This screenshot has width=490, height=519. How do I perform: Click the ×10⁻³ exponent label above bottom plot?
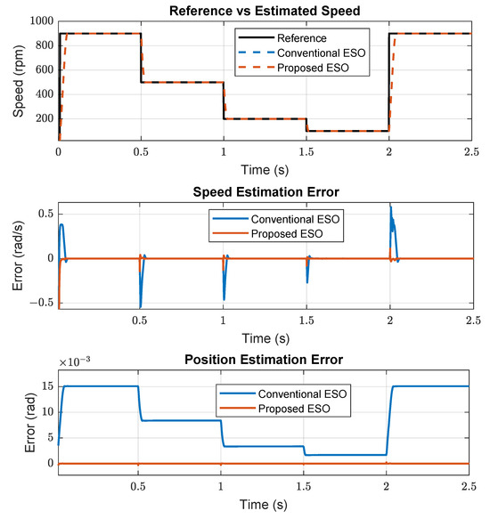76,364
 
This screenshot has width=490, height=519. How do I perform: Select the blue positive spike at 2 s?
390,210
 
